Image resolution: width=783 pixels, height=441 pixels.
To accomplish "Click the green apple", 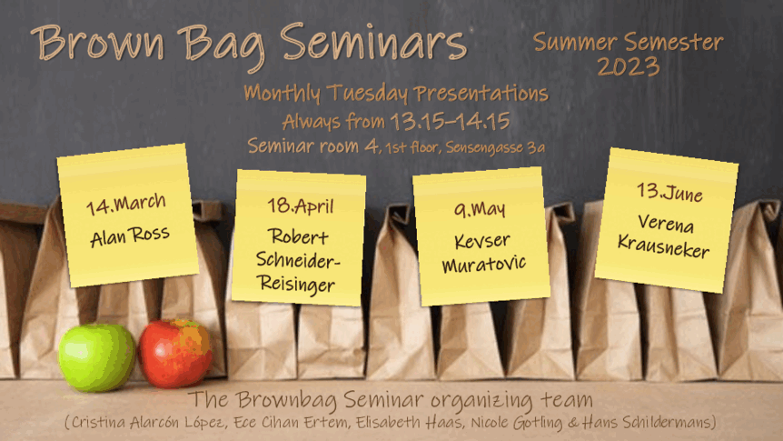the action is (97, 357).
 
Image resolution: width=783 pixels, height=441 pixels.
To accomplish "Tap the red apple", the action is (175, 354).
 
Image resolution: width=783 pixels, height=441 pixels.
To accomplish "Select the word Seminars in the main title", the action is (373, 41).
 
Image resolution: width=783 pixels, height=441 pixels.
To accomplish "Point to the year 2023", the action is (629, 66).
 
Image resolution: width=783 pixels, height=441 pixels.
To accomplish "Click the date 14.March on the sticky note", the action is (126, 204).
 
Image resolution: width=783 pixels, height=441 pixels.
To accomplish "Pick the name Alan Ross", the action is (130, 236).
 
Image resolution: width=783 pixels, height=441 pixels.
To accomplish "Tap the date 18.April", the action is (300, 205).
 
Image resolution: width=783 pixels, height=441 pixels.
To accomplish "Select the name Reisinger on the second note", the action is (297, 284).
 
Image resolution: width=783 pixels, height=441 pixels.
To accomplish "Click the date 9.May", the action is (480, 209).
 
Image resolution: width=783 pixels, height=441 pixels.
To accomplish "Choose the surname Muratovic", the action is (484, 264).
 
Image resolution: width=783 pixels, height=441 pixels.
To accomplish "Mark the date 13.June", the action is (669, 192).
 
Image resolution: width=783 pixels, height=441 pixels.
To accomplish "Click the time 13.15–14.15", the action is (450, 121).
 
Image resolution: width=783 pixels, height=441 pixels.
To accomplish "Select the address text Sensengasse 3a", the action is (495, 147).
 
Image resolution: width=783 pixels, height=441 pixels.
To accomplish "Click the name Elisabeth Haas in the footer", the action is (409, 422).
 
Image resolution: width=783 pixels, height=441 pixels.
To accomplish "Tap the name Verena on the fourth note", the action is (666, 223).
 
